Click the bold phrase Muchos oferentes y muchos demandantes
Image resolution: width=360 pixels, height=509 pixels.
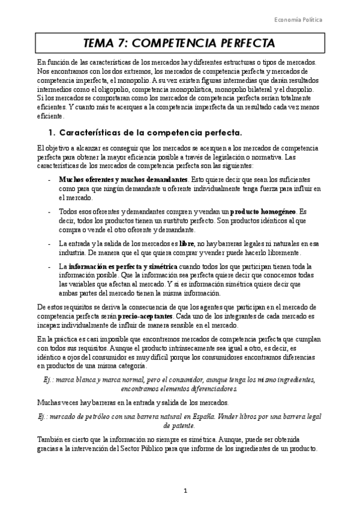tap(122, 179)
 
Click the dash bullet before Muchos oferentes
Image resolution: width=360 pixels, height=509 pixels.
tap(49, 179)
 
